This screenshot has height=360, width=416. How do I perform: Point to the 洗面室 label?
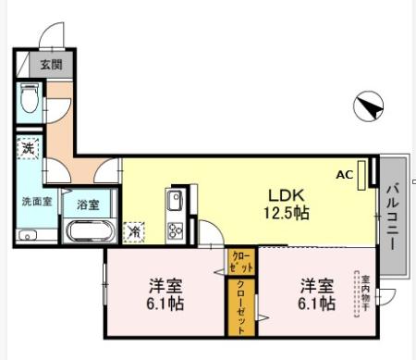pyautogui.click(x=36, y=200)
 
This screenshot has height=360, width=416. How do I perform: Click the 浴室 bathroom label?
pyautogui.click(x=89, y=205)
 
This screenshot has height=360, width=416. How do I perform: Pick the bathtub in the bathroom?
pyautogui.click(x=89, y=230)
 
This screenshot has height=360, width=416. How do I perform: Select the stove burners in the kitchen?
pyautogui.click(x=175, y=230)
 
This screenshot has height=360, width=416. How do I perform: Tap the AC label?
pyautogui.click(x=344, y=174)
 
